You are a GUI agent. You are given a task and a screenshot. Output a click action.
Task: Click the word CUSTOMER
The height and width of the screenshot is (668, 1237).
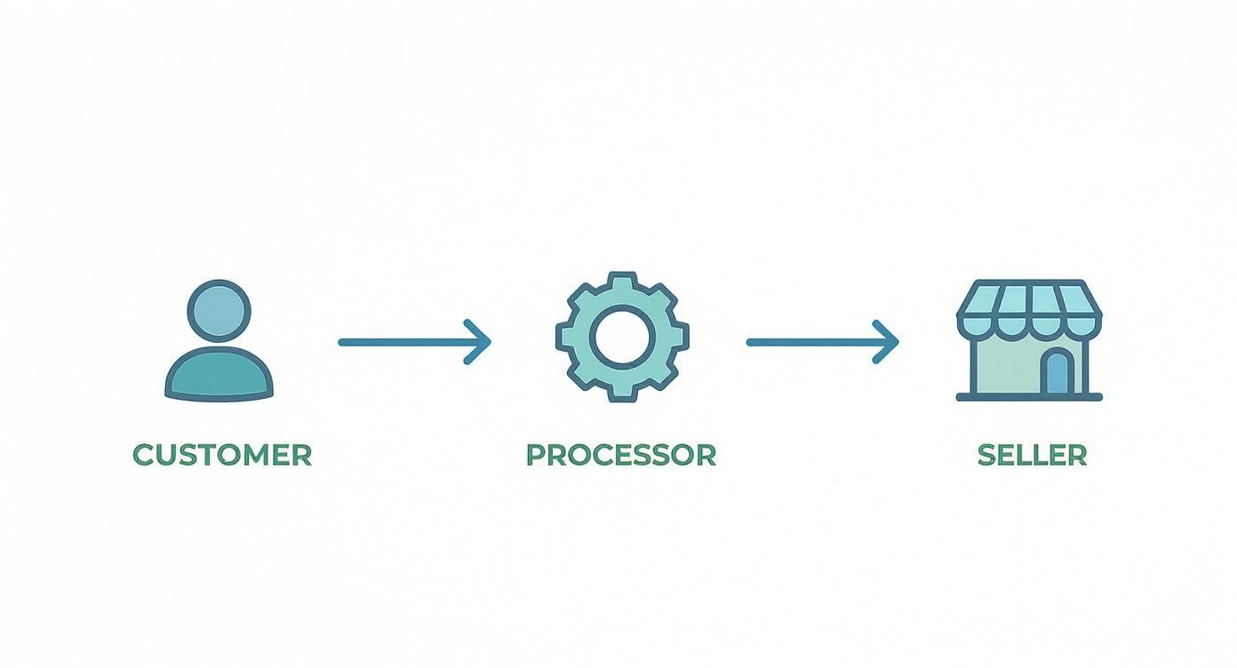(x=222, y=455)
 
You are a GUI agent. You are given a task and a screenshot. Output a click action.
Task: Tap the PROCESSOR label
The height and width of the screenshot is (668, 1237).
(x=620, y=455)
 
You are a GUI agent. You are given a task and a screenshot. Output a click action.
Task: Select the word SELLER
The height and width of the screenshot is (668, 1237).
(x=1032, y=455)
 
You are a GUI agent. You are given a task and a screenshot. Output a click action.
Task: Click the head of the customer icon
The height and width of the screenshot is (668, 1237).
(x=219, y=312)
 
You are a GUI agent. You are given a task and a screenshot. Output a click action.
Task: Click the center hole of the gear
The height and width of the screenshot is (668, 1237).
(x=622, y=338)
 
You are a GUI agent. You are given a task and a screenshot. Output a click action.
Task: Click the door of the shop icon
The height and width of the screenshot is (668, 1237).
(x=1056, y=372)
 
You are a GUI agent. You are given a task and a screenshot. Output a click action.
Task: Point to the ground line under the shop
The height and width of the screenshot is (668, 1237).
(x=1029, y=397)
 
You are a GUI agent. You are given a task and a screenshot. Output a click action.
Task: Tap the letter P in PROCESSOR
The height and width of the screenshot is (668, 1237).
(x=536, y=455)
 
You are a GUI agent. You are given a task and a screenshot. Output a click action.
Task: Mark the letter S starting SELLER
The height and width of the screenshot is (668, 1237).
(x=986, y=455)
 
